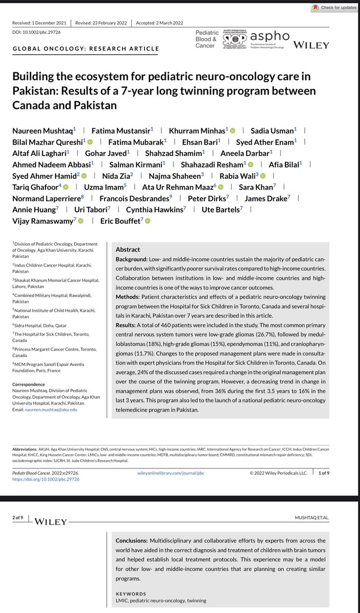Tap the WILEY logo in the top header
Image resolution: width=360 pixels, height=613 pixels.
tap(310, 45)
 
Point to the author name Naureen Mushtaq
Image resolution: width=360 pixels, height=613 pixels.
tap(41, 131)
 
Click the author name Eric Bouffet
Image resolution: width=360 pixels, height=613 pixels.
tap(120, 221)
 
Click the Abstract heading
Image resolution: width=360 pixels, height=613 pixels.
tap(128, 250)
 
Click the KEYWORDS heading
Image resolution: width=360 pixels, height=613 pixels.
tap(131, 594)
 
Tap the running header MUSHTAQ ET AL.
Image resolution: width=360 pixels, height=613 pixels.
tap(327, 517)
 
